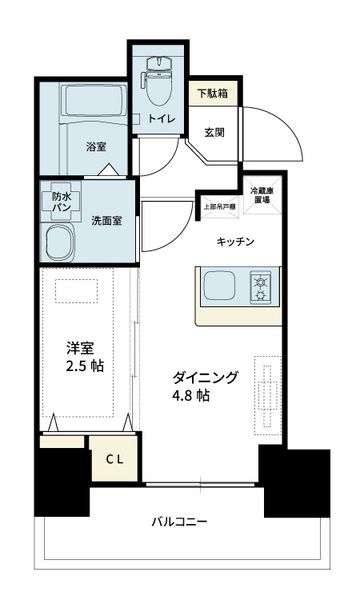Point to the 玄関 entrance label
[x=214, y=131]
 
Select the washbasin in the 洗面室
[x=64, y=243]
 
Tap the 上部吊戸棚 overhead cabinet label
[x=217, y=208]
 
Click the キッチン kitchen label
[x=236, y=242]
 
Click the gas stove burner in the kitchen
[x=264, y=288]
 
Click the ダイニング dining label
[x=205, y=377]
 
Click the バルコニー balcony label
[x=180, y=522]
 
